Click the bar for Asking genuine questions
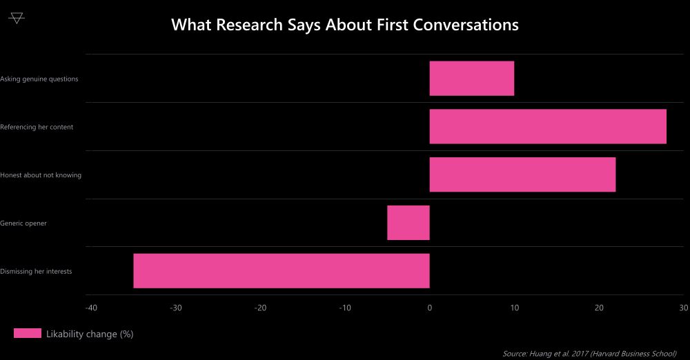click(x=471, y=79)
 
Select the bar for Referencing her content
click(x=548, y=127)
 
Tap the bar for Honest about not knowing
click(x=522, y=174)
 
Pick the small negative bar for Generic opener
click(x=408, y=223)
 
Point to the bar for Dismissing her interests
click(x=282, y=271)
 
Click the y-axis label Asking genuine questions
click(x=39, y=79)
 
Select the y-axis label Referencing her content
click(x=37, y=127)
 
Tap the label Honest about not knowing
click(x=41, y=175)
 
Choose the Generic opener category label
click(x=23, y=223)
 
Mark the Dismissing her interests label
click(x=36, y=271)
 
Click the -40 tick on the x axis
click(x=91, y=308)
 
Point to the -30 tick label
click(x=176, y=308)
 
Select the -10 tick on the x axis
click(x=345, y=308)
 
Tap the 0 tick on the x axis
click(x=430, y=308)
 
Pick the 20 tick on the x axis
click(x=599, y=308)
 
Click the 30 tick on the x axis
click(x=683, y=308)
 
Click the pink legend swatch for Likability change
click(x=28, y=334)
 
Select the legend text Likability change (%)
click(x=90, y=334)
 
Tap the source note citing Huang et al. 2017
click(x=589, y=354)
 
